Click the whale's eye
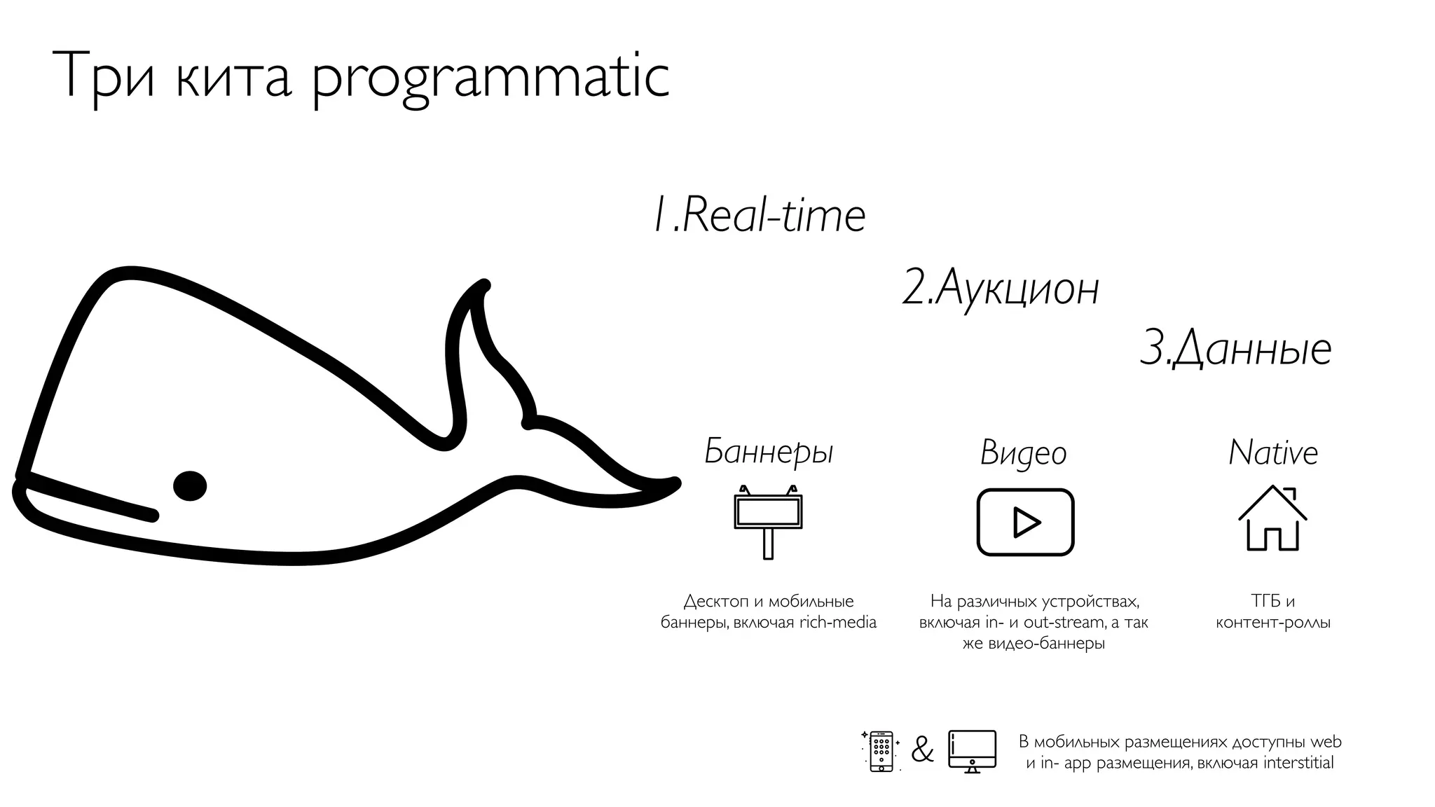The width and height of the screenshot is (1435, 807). click(190, 485)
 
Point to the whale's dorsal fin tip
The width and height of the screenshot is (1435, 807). click(483, 286)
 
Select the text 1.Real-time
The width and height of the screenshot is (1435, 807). click(759, 215)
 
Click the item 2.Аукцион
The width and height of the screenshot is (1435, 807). click(1001, 288)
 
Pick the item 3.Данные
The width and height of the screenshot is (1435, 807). click(1236, 349)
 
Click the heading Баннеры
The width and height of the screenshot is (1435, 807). click(769, 452)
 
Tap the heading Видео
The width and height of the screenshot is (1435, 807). click(1023, 453)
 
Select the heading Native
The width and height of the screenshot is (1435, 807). click(1273, 453)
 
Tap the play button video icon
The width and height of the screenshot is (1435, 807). click(1025, 522)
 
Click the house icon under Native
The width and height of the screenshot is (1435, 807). click(1272, 518)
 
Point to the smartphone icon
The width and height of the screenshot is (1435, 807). click(881, 751)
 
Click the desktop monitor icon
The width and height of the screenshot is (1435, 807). click(972, 751)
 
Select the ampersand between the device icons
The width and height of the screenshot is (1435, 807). click(923, 751)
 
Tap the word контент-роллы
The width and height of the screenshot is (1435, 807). click(1272, 622)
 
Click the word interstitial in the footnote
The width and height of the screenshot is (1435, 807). click(1298, 763)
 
